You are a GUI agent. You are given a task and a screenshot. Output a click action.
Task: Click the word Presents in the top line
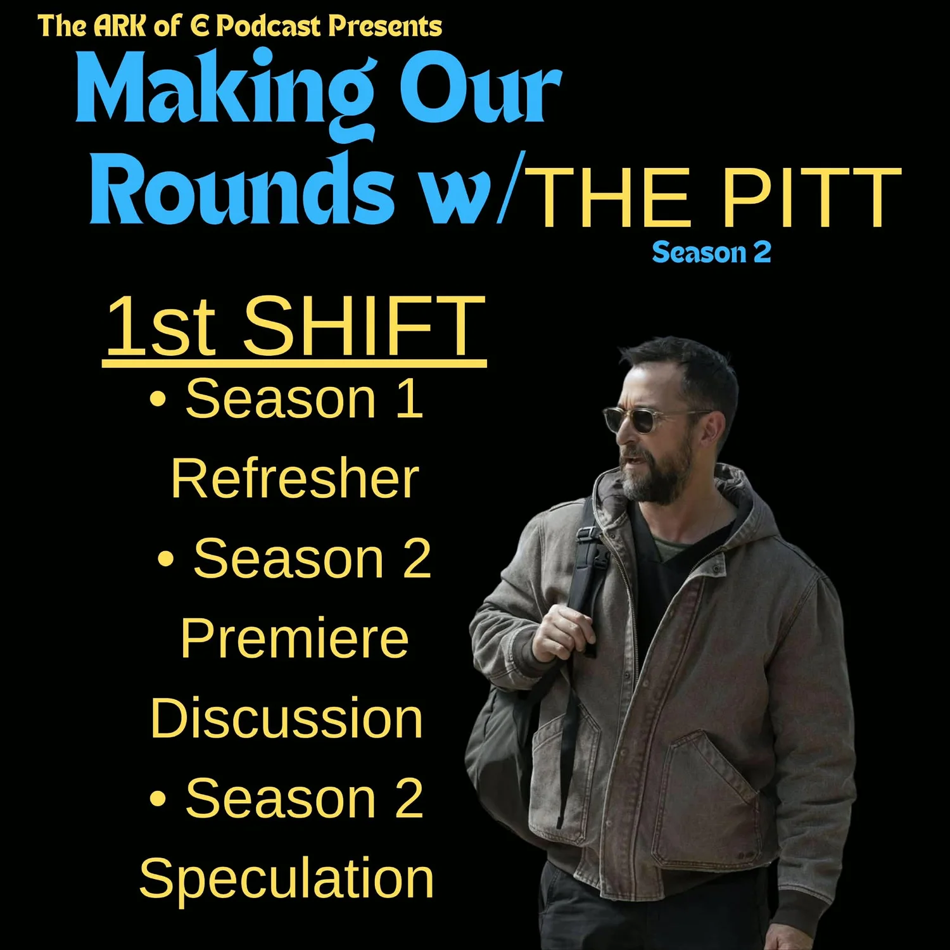tap(385, 27)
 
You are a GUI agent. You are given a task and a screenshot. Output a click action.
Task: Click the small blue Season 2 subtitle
tap(711, 253)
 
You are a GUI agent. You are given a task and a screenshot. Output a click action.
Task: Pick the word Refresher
tap(294, 479)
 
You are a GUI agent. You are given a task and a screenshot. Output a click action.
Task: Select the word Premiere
tap(294, 638)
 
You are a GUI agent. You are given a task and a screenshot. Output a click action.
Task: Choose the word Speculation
tap(286, 878)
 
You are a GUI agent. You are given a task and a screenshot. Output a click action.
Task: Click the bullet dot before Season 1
tap(158, 400)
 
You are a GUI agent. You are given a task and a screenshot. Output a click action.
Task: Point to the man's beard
tap(655, 478)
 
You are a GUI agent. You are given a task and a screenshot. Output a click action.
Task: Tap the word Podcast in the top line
tap(269, 27)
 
